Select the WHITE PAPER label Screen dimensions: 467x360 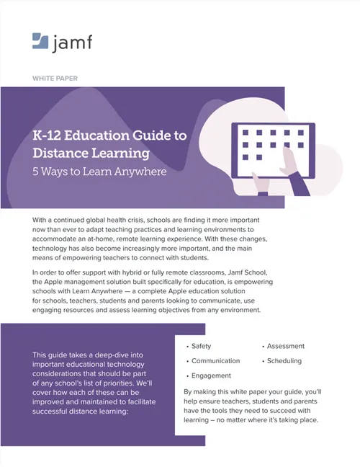coord(56,77)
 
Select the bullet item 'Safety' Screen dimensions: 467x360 coord(201,346)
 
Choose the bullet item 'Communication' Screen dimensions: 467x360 coord(215,361)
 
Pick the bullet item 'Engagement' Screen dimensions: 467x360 coord(211,375)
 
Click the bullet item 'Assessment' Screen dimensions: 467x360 coord(285,346)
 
